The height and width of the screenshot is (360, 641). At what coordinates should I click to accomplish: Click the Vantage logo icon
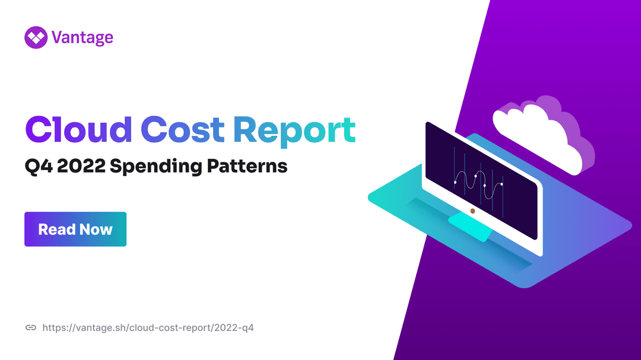[x=36, y=37]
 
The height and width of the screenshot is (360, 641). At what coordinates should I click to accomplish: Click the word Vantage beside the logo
[x=82, y=38]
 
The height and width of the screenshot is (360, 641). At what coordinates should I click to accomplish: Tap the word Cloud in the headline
[x=78, y=129]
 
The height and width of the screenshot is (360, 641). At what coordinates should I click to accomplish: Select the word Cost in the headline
[x=182, y=130]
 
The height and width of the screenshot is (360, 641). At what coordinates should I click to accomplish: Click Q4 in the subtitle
[x=39, y=166]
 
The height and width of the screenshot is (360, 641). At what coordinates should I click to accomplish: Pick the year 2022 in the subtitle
[x=81, y=166]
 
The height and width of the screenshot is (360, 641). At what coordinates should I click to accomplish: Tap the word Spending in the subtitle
[x=156, y=167]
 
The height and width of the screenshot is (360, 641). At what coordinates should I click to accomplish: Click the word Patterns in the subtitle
[x=247, y=166]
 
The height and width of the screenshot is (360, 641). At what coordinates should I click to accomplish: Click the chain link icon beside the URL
[x=31, y=328]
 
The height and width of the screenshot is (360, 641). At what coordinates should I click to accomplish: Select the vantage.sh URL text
[x=148, y=328]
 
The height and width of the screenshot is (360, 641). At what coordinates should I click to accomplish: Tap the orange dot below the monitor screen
[x=472, y=211]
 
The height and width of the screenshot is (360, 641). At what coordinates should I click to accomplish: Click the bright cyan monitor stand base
[x=470, y=227]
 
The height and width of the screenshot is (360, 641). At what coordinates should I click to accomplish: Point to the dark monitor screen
[x=481, y=180]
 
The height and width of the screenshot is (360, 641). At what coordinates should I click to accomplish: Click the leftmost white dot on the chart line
[x=455, y=182]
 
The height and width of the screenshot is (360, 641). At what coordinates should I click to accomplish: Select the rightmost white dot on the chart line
[x=502, y=184]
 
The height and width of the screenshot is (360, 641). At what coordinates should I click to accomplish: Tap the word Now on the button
[x=97, y=230]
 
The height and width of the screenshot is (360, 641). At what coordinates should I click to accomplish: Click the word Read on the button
[x=57, y=230]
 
